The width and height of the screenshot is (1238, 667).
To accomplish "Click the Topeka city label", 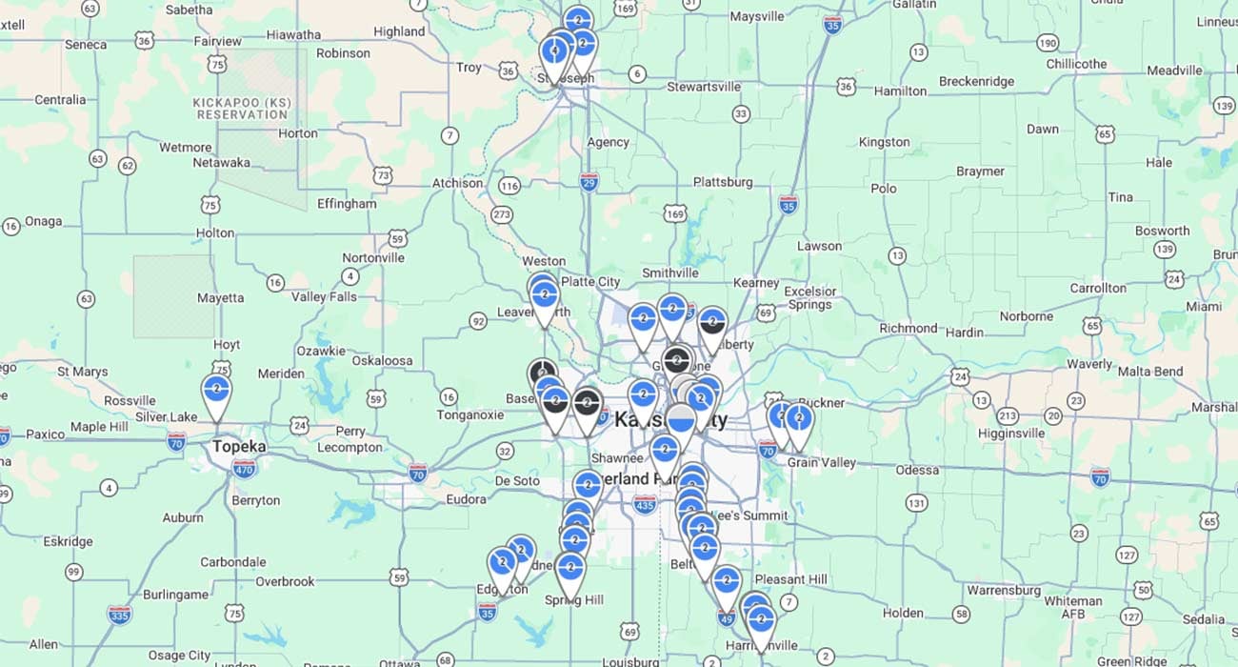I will click(x=239, y=446).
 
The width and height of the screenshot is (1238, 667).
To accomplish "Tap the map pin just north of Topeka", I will click(x=217, y=392).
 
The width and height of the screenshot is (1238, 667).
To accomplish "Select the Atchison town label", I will click(x=457, y=183).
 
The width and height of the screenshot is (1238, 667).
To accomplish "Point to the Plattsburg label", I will click(x=723, y=182).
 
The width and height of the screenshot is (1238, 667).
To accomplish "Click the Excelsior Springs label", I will click(x=809, y=298).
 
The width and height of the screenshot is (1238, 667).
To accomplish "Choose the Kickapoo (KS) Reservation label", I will click(x=242, y=109).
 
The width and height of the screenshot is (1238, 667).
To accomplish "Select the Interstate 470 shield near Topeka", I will click(x=244, y=468).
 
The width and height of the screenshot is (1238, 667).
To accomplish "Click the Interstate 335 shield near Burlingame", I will click(x=119, y=615).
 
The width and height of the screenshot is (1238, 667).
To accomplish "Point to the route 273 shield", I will click(x=502, y=214).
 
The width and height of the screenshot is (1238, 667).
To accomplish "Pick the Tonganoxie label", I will click(x=469, y=414).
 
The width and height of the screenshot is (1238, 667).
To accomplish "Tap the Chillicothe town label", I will click(x=1076, y=64).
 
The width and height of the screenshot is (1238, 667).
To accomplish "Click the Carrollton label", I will click(x=1098, y=288).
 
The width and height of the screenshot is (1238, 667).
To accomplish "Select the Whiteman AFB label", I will click(x=1072, y=607).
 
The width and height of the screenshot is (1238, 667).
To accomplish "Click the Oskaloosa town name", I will click(x=382, y=360).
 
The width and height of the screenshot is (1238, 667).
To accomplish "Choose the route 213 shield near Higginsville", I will click(x=1008, y=415).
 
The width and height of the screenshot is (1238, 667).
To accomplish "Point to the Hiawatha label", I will click(x=293, y=34).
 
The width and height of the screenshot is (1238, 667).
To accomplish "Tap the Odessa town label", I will click(x=917, y=470).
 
